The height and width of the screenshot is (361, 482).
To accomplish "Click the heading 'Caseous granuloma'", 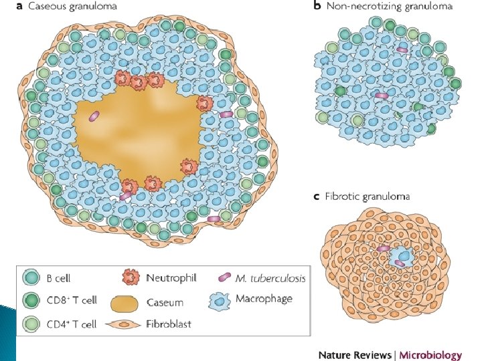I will pyautogui.click(x=78, y=7).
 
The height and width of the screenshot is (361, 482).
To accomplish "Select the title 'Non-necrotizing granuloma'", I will pyautogui.click(x=390, y=7).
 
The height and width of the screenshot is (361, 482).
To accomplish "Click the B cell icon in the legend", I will pyautogui.click(x=30, y=277).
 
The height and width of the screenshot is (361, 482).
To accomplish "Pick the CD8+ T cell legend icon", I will pyautogui.click(x=30, y=301).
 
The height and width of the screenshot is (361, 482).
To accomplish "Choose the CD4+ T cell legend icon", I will pyautogui.click(x=30, y=324).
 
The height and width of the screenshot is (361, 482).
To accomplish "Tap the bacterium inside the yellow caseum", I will pyautogui.click(x=95, y=116).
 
